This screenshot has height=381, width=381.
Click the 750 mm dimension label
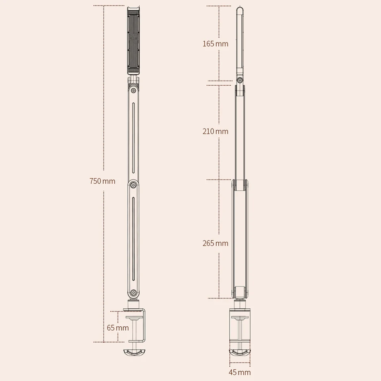(x=102, y=181)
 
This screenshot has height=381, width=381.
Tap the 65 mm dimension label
(x=118, y=328)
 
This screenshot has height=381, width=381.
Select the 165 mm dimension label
(x=216, y=44)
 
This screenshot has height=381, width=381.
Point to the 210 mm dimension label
(x=216, y=131)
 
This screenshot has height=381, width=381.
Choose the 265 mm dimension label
(x=216, y=243)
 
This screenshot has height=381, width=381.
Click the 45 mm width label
(x=240, y=372)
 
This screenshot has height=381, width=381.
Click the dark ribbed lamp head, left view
(x=133, y=40)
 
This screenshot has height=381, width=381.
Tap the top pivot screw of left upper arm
(x=133, y=90)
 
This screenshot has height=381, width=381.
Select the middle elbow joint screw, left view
(x=133, y=185)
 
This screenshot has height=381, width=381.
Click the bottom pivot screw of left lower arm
(x=133, y=292)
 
